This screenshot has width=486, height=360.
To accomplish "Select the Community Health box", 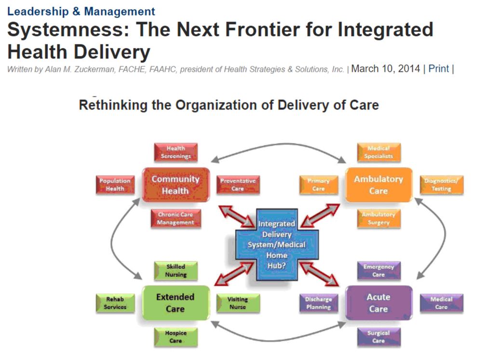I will (175, 185).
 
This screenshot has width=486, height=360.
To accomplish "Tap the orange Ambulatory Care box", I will (378, 185).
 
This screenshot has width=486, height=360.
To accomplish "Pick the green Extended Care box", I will (175, 303).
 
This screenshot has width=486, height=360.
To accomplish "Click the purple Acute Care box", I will (378, 303).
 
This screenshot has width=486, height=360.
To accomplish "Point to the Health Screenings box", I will (175, 152).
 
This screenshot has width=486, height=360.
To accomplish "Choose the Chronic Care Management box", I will (175, 219).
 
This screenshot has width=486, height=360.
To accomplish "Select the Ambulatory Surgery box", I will (378, 219).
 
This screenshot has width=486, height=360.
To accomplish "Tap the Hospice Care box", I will (175, 336).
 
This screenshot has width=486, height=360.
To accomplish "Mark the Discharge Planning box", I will (318, 303).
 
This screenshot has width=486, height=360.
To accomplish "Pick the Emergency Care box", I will (378, 270).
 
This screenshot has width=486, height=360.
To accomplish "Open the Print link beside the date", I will (438, 69).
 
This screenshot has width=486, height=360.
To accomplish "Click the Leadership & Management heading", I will (81, 12).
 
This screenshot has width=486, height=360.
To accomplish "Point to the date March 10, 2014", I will (385, 69).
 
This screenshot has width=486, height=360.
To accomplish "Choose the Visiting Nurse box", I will (238, 303).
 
